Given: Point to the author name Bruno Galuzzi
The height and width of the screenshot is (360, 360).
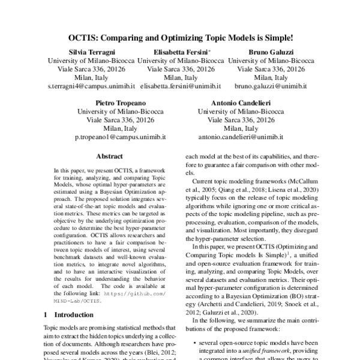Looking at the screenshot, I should pyautogui.click(x=271, y=52).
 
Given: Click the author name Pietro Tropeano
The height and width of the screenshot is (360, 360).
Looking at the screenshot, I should pyautogui.click(x=121, y=103).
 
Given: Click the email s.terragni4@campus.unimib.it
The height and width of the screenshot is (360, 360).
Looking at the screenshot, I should pyautogui.click(x=91, y=86).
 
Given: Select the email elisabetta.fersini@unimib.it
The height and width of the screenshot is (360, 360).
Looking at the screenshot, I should pyautogui.click(x=181, y=86).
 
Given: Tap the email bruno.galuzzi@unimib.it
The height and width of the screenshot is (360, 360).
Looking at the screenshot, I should pyautogui.click(x=271, y=86).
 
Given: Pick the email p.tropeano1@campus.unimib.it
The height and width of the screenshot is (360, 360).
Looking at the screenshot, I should pyautogui.click(x=120, y=137).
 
